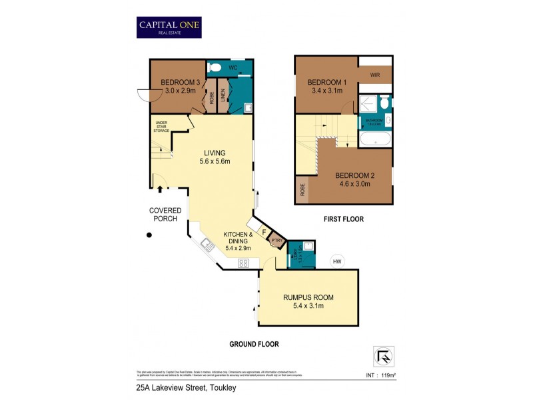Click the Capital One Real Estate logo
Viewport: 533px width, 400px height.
coord(169,27)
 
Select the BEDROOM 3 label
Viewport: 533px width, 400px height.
coord(177,83)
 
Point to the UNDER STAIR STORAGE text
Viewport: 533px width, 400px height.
coord(161,126)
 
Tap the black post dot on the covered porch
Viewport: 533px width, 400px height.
coord(150,235)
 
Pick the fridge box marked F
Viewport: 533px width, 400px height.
coord(265,233)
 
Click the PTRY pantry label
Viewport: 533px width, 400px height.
coord(276,241)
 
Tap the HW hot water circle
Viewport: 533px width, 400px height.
coord(337,261)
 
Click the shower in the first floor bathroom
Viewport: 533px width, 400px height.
coord(366,103)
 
